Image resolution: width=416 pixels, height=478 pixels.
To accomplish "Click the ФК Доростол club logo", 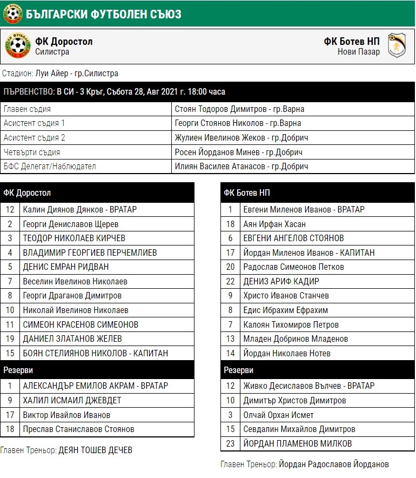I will pos(18,47).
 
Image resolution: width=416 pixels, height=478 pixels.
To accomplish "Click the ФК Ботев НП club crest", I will pos(397,47).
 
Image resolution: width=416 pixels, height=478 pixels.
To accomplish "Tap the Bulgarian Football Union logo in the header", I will pos(12,14).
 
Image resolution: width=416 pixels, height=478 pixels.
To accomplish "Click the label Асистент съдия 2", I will pos(35,137).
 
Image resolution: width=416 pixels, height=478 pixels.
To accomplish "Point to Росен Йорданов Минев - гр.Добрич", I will pos(238,152).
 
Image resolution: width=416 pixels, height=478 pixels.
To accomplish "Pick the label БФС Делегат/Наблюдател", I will pos(50,167).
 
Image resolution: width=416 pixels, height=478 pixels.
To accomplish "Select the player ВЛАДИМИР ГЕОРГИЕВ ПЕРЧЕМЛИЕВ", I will pos(90,253).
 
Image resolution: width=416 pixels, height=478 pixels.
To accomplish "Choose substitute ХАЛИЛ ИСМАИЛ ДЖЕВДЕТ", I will pos(72,400).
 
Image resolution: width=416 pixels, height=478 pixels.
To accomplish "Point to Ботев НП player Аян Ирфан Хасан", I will pos(267,224).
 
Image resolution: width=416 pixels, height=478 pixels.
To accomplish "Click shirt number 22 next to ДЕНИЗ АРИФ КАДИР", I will pos(231,281).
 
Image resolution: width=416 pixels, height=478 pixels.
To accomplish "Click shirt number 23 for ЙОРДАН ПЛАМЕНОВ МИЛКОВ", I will pos(231,443).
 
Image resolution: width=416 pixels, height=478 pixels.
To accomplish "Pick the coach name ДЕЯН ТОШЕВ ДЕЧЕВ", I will pos(95,450).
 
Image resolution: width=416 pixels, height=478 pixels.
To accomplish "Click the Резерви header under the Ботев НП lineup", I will pos(238,370).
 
